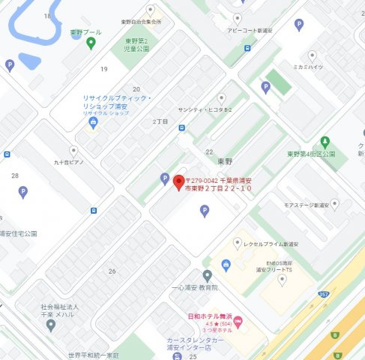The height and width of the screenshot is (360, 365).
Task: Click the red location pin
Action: (x=178, y=182)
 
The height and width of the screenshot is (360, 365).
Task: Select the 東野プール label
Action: (x=85, y=33)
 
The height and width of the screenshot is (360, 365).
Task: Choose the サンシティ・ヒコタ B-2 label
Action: (x=199, y=109)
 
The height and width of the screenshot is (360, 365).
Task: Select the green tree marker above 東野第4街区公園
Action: (x=325, y=141)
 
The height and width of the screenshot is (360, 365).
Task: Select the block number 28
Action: (x=15, y=175)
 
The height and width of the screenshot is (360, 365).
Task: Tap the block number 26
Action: (x=112, y=271)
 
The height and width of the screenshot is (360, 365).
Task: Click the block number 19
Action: (x=104, y=70)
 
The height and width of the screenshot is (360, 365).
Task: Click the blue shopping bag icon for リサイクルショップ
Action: (x=93, y=124)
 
